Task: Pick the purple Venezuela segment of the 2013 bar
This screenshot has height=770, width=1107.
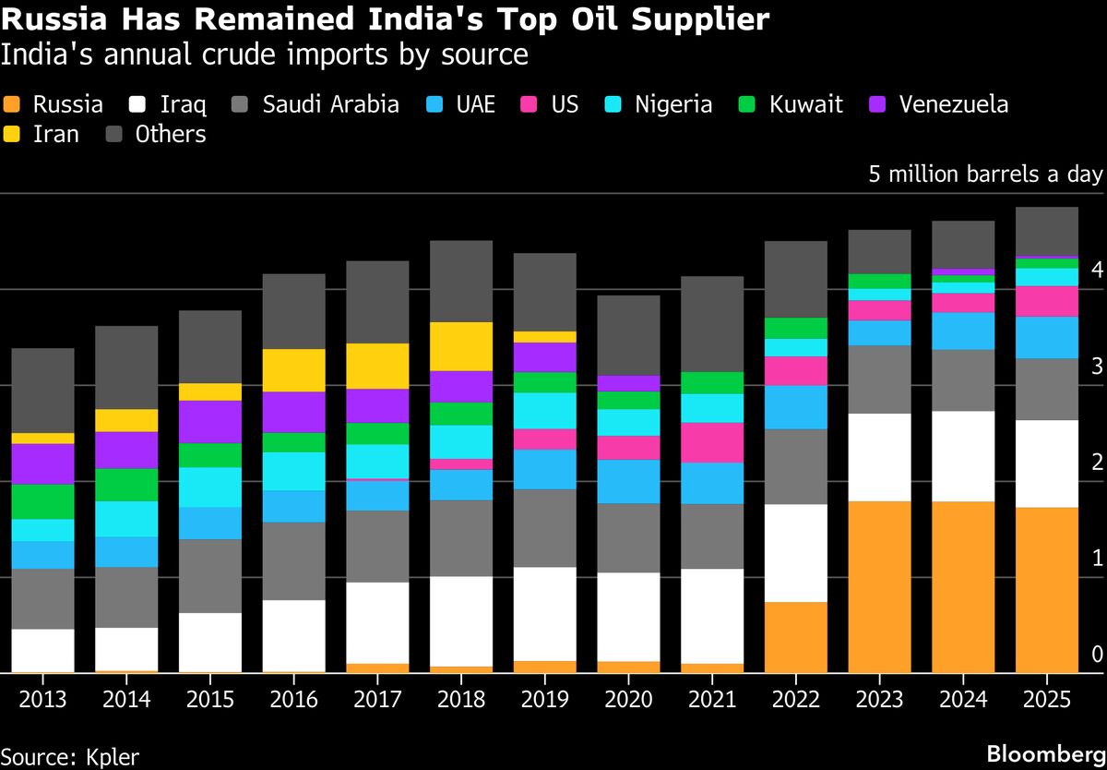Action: (42, 463)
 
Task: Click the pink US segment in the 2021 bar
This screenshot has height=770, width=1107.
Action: (713, 442)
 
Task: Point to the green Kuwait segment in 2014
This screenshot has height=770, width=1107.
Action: (125, 485)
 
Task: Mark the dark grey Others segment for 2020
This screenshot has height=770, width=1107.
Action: (628, 335)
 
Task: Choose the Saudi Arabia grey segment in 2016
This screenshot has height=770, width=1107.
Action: (293, 560)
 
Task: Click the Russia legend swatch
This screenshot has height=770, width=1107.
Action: (13, 104)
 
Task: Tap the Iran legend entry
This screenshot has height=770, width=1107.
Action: (55, 135)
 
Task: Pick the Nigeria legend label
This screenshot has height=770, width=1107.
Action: (673, 104)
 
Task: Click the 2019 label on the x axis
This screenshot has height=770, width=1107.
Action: (543, 699)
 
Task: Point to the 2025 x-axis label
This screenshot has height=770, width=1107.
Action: (1046, 699)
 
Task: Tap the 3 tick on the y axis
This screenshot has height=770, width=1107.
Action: (1096, 367)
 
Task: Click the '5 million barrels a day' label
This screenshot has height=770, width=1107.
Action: (985, 174)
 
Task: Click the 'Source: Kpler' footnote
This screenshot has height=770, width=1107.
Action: (70, 756)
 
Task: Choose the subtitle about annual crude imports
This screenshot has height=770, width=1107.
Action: (265, 54)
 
